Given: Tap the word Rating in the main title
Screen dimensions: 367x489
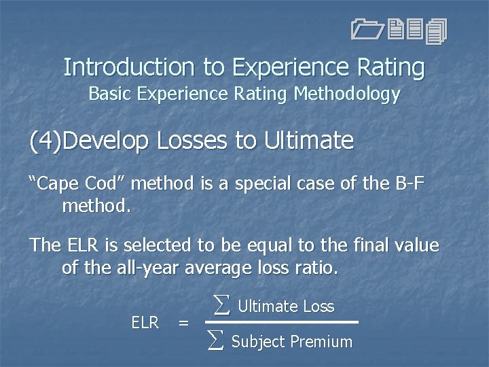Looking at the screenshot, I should point(395,67).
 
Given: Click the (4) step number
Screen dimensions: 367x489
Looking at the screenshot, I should point(48,141).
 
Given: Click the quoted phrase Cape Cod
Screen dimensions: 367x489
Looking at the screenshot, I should point(80,183).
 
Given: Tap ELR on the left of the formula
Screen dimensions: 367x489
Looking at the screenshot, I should point(145,323).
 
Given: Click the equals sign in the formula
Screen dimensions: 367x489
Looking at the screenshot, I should point(183,323).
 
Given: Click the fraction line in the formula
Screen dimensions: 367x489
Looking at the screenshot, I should point(281,322).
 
